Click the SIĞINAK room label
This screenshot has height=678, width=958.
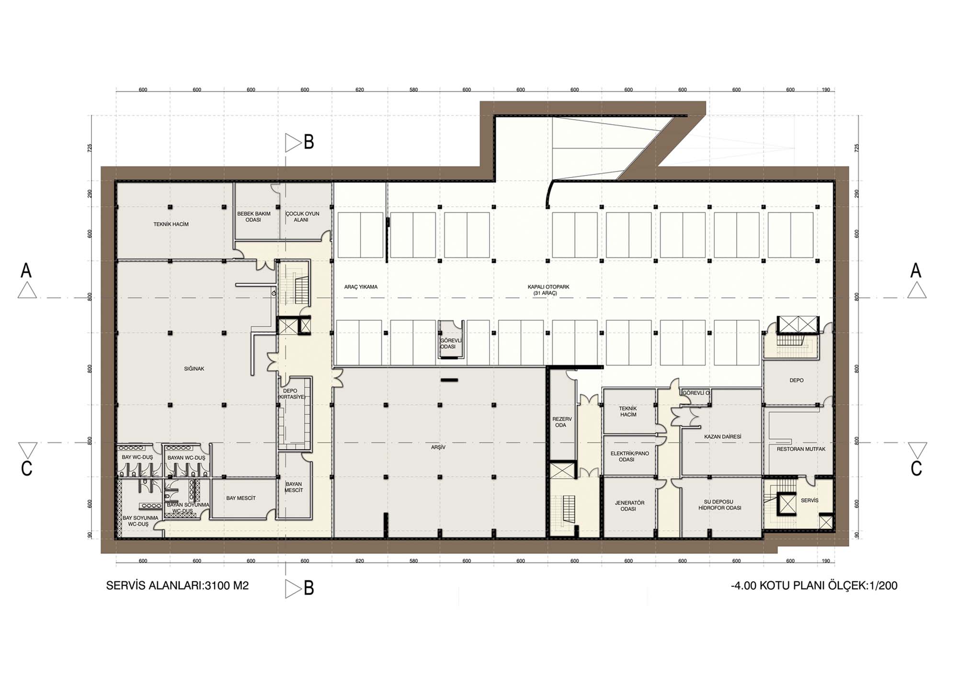[194, 369]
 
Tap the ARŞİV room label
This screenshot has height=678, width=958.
[438, 447]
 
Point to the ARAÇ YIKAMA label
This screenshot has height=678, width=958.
[361, 287]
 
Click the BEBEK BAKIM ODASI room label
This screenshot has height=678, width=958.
[253, 217]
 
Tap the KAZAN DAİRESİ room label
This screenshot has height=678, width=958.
[722, 437]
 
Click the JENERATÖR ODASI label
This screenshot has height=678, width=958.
[629, 506]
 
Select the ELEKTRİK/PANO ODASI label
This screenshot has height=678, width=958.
[629, 456]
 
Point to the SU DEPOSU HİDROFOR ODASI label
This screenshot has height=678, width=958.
[719, 505]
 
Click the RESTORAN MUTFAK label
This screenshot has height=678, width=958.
[801, 449]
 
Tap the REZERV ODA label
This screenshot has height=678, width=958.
[562, 422]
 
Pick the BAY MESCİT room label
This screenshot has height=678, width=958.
[240, 498]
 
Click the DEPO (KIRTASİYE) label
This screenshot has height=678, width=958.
[291, 394]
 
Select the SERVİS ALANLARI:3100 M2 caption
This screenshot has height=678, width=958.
[177, 585]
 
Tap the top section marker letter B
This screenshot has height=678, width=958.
[309, 142]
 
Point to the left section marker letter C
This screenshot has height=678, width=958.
[27, 468]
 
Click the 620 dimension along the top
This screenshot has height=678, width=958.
[360, 90]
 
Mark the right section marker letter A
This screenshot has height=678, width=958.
[915, 270]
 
